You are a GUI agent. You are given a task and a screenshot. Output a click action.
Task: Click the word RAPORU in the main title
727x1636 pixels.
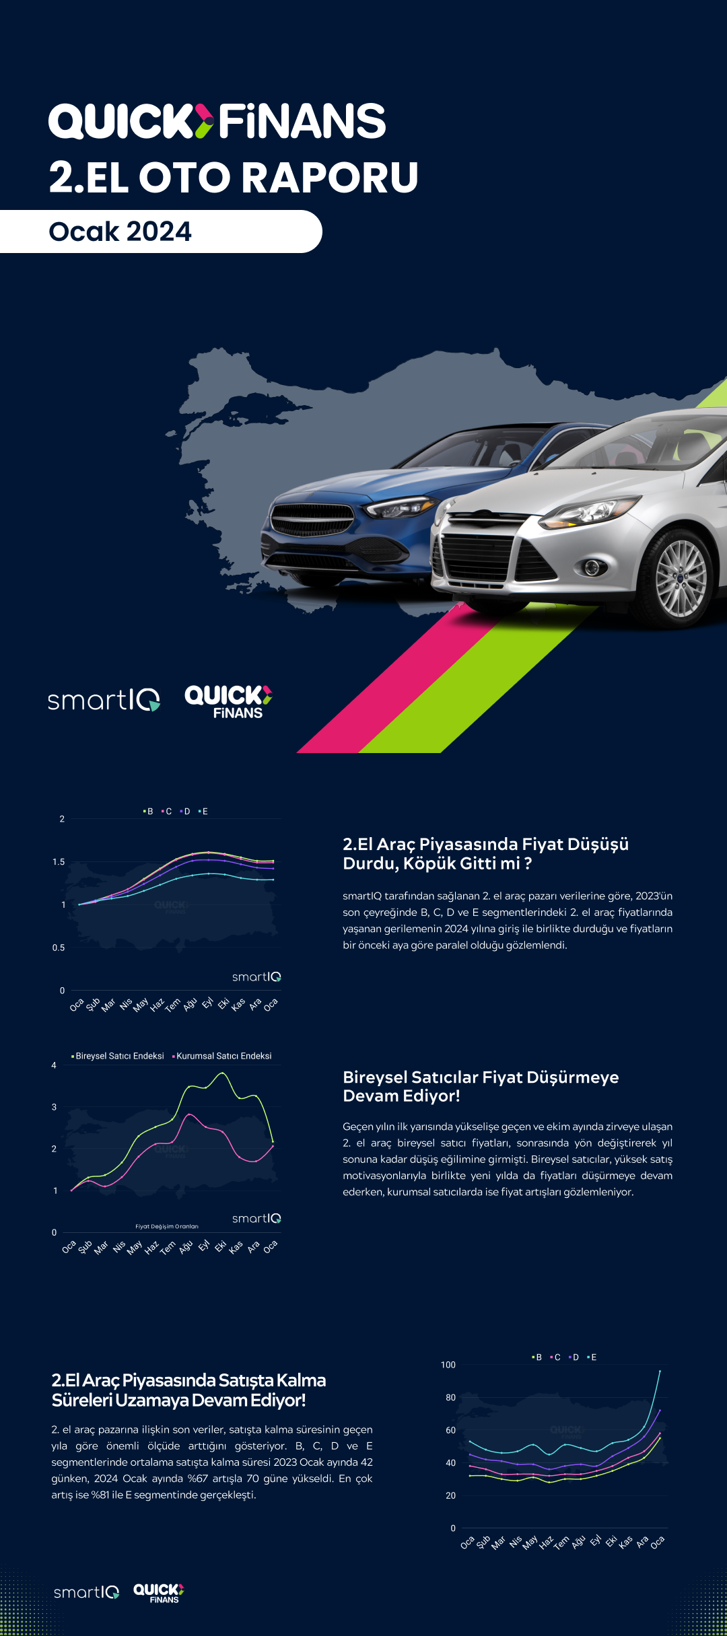(x=330, y=178)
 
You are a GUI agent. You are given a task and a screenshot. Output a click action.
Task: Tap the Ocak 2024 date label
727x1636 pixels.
(x=120, y=232)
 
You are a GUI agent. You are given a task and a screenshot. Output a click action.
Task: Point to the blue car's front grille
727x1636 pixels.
(x=312, y=520)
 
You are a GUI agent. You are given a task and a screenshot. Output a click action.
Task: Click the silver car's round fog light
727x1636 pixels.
(x=593, y=567)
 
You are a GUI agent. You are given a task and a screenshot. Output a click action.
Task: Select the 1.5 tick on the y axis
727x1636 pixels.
(x=59, y=862)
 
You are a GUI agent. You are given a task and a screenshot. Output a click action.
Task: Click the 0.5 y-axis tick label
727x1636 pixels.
(x=59, y=948)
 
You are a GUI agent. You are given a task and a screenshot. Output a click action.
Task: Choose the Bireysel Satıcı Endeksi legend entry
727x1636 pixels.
(x=119, y=1056)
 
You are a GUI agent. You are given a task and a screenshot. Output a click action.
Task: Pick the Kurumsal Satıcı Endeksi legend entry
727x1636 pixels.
(x=223, y=1056)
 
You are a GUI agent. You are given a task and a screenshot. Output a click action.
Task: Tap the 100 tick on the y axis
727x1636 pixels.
(x=448, y=1365)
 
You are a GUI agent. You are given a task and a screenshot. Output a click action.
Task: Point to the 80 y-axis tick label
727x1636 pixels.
(x=450, y=1398)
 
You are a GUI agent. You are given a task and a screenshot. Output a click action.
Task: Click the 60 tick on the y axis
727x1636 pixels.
(x=450, y=1430)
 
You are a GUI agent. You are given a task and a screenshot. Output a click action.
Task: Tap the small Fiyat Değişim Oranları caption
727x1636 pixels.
(x=167, y=1226)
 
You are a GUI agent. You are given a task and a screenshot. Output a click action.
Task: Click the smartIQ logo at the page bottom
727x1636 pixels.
(x=86, y=1592)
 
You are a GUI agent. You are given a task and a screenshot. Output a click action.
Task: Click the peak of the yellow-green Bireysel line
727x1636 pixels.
(x=222, y=1073)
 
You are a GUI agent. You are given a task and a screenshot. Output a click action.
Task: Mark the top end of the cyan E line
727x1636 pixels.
(x=660, y=1371)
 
